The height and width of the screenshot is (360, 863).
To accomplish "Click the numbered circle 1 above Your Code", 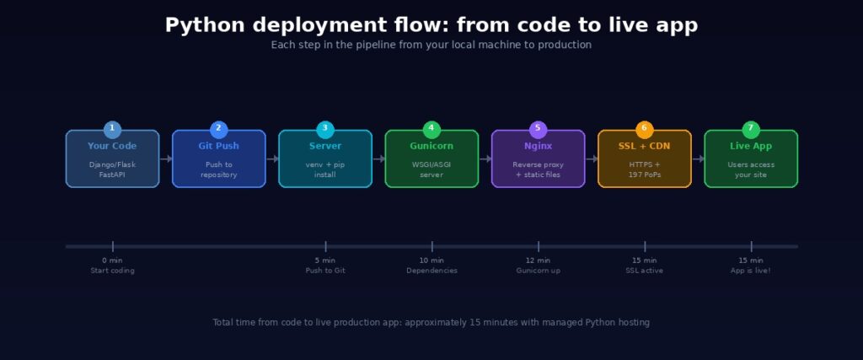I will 112,128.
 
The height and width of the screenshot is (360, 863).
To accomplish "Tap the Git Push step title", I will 218,146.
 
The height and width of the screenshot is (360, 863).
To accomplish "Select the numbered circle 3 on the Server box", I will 325,128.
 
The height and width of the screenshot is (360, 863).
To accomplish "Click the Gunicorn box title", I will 431,146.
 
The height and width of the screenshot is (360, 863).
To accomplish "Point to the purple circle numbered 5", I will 538,128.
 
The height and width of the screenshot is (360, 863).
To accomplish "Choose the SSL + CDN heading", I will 645,146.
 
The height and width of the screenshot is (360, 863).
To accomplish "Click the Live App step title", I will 751,146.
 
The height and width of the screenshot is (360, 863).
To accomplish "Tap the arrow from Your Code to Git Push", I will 165,159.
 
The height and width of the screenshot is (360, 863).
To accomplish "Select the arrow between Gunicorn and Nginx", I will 485,159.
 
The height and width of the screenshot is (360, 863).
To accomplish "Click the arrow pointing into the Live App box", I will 698,159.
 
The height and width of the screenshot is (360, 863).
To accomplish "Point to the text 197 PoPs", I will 645,175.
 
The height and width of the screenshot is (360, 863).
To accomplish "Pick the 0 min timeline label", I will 112,261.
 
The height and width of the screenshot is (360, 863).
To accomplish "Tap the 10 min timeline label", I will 431,261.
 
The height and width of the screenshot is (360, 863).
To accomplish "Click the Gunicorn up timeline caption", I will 538,271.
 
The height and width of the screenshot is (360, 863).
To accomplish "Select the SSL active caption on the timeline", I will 645,271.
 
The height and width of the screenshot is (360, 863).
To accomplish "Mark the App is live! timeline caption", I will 751,271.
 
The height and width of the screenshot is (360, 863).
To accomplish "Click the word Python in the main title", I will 202,25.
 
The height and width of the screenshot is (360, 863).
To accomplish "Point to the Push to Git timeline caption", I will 325,271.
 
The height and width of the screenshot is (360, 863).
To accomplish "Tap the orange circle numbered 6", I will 645,128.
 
